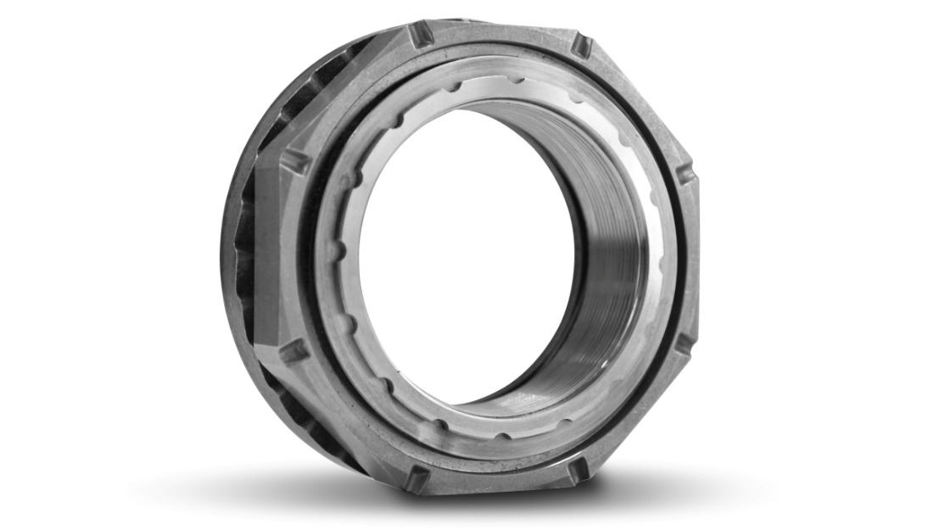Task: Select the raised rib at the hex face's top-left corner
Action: (422, 36)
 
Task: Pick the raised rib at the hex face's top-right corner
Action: (581, 44)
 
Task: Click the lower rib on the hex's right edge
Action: (684, 343)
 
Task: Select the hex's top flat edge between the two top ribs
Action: (500, 32)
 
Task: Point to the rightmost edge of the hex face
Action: (697, 254)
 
